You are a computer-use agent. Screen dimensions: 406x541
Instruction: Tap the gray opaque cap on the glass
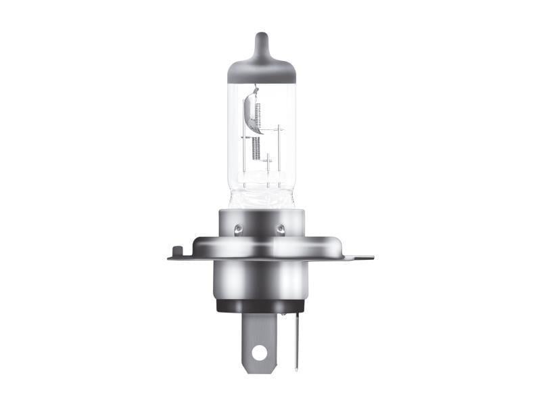[x=261, y=68]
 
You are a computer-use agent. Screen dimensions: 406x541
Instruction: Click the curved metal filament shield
[x=249, y=112]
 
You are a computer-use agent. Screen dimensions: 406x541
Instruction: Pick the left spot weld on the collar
[x=237, y=229]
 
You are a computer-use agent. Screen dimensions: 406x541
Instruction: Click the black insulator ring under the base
[x=260, y=306]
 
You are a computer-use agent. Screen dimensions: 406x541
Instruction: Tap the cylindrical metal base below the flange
[x=260, y=281]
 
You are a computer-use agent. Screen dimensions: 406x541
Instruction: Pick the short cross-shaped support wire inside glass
[x=268, y=162]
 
